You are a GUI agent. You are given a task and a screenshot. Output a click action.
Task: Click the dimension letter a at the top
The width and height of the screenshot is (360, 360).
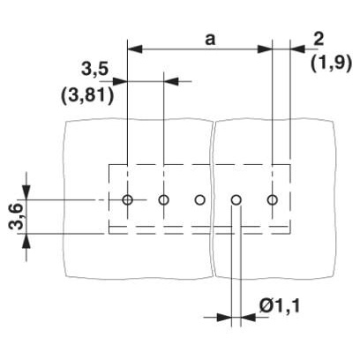tap(210, 40)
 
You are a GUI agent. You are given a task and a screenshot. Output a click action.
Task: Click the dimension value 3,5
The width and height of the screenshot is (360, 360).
tap(94, 71)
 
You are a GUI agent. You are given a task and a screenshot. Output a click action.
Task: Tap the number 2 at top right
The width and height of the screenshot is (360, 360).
tap(319, 40)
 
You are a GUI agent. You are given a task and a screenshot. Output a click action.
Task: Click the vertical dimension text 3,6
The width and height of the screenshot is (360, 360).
tap(15, 216)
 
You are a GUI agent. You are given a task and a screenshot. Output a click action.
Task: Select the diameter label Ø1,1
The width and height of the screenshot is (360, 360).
tap(279, 306)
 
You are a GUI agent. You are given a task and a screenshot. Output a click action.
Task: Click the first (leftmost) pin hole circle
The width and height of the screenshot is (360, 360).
tap(127, 200)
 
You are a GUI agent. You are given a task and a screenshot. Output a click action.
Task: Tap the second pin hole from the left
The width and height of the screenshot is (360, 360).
tap(163, 200)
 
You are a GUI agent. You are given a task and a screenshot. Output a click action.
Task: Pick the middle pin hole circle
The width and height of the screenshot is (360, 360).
tap(199, 200)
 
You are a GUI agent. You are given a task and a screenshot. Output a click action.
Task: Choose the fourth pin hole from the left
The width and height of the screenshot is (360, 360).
tap(236, 200)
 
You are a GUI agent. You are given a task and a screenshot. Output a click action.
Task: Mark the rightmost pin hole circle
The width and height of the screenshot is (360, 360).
tap(273, 200)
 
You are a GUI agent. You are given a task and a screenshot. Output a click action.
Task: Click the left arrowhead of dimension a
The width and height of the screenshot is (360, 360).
tap(135, 49)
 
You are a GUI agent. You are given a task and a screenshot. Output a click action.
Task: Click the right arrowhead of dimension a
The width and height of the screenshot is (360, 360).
tap(265, 49)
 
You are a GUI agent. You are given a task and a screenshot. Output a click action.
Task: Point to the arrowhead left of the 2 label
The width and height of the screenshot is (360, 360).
tap(298, 49)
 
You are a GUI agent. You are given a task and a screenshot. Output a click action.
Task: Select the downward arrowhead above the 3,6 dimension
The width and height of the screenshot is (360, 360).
tap(26, 192)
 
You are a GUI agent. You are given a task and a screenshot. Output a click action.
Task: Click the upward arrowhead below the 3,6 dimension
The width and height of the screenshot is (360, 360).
tap(26, 242)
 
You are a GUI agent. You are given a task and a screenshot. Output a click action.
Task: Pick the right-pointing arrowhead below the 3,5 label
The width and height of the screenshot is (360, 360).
tap(120, 81)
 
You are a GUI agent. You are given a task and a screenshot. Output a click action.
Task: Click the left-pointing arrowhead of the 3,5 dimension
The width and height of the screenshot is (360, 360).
tap(171, 81)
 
